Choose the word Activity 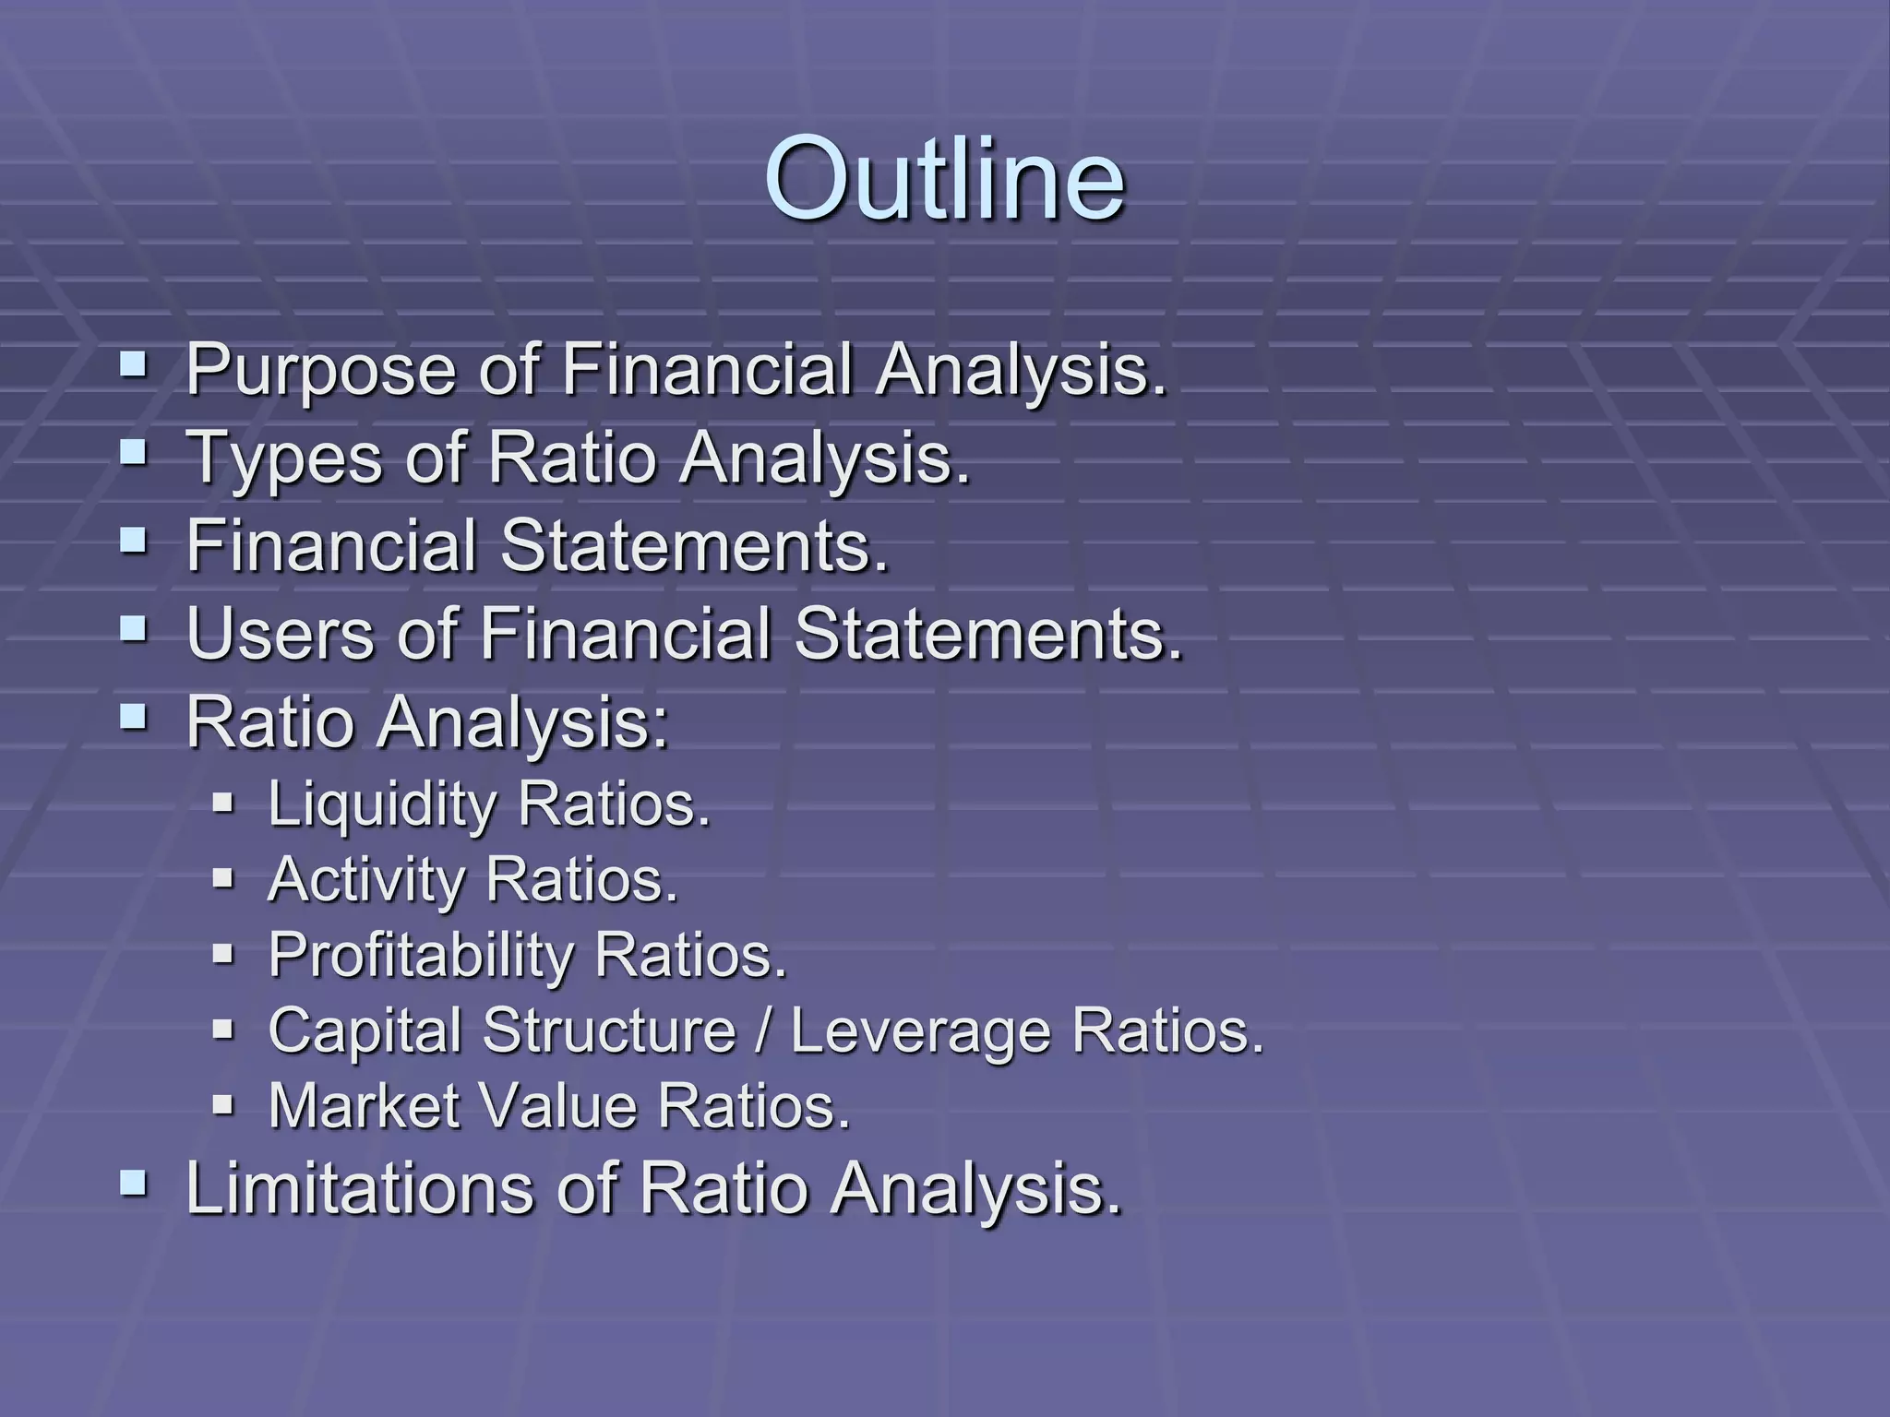point(365,880)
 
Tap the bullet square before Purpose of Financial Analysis point(133,366)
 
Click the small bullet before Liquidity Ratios point(222,802)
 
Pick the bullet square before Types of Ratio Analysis point(133,453)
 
